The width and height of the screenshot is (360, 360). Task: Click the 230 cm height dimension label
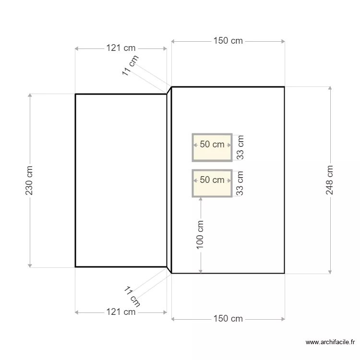pos(29,180)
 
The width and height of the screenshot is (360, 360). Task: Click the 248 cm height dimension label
pos(330,180)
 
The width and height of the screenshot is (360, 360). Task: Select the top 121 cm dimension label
pos(120,48)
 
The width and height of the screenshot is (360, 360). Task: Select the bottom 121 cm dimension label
pos(120,312)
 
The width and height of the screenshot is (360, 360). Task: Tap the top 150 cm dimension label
pos(228,41)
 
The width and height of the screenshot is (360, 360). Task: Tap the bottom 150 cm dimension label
pos(228,319)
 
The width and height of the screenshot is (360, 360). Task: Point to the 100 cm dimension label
pos(200,234)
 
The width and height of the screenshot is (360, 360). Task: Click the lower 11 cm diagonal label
pos(132,296)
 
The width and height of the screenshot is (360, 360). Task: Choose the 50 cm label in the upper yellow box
pos(212,144)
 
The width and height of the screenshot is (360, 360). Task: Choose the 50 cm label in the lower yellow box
pos(212,180)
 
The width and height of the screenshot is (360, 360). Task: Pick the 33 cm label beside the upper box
pos(240,147)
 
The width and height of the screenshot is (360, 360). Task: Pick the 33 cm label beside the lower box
pos(240,183)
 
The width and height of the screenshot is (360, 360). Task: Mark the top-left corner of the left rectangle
pos(75,94)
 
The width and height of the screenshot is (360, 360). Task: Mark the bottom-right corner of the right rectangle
pos(284,274)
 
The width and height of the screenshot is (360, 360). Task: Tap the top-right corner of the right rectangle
pos(284,87)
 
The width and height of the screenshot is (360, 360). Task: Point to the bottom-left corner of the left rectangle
pos(75,266)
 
